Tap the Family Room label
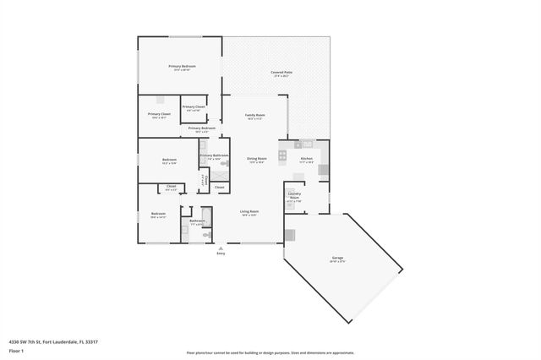(254, 116)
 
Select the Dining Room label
(257, 159)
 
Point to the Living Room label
(249, 211)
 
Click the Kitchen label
(307, 159)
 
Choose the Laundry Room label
(294, 198)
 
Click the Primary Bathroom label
(214, 155)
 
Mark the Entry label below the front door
(221, 253)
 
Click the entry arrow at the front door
(221, 247)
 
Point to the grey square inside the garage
(290, 232)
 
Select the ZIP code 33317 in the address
(91, 341)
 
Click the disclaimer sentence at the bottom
(270, 352)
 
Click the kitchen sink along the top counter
(307, 144)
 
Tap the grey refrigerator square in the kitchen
(323, 169)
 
